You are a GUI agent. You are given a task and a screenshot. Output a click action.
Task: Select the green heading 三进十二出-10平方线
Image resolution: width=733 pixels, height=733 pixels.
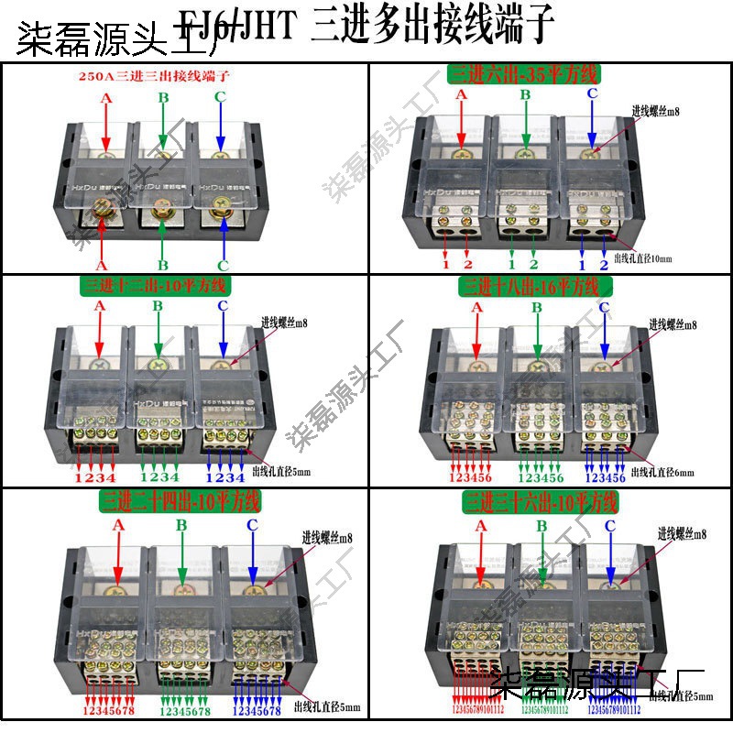click(x=156, y=286)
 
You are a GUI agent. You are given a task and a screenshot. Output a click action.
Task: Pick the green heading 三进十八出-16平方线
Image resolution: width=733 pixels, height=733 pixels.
click(x=530, y=288)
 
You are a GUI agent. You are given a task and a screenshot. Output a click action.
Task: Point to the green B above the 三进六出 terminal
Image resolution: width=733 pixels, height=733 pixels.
click(x=525, y=94)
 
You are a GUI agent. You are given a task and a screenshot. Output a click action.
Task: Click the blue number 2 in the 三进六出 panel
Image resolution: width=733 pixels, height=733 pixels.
click(x=603, y=266)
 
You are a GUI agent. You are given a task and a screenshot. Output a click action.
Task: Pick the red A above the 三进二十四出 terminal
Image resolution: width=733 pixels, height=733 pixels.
click(x=117, y=526)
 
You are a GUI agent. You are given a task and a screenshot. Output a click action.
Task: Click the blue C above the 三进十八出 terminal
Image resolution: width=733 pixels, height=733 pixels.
click(x=603, y=308)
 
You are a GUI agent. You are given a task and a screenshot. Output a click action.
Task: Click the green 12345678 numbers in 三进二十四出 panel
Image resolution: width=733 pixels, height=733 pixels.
click(x=185, y=711)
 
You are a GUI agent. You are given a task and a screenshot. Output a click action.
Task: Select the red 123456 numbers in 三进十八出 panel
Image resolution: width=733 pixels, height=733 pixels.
click(x=470, y=477)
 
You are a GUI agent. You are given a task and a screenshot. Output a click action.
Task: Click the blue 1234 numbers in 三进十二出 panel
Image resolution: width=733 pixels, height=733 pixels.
click(x=224, y=477)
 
